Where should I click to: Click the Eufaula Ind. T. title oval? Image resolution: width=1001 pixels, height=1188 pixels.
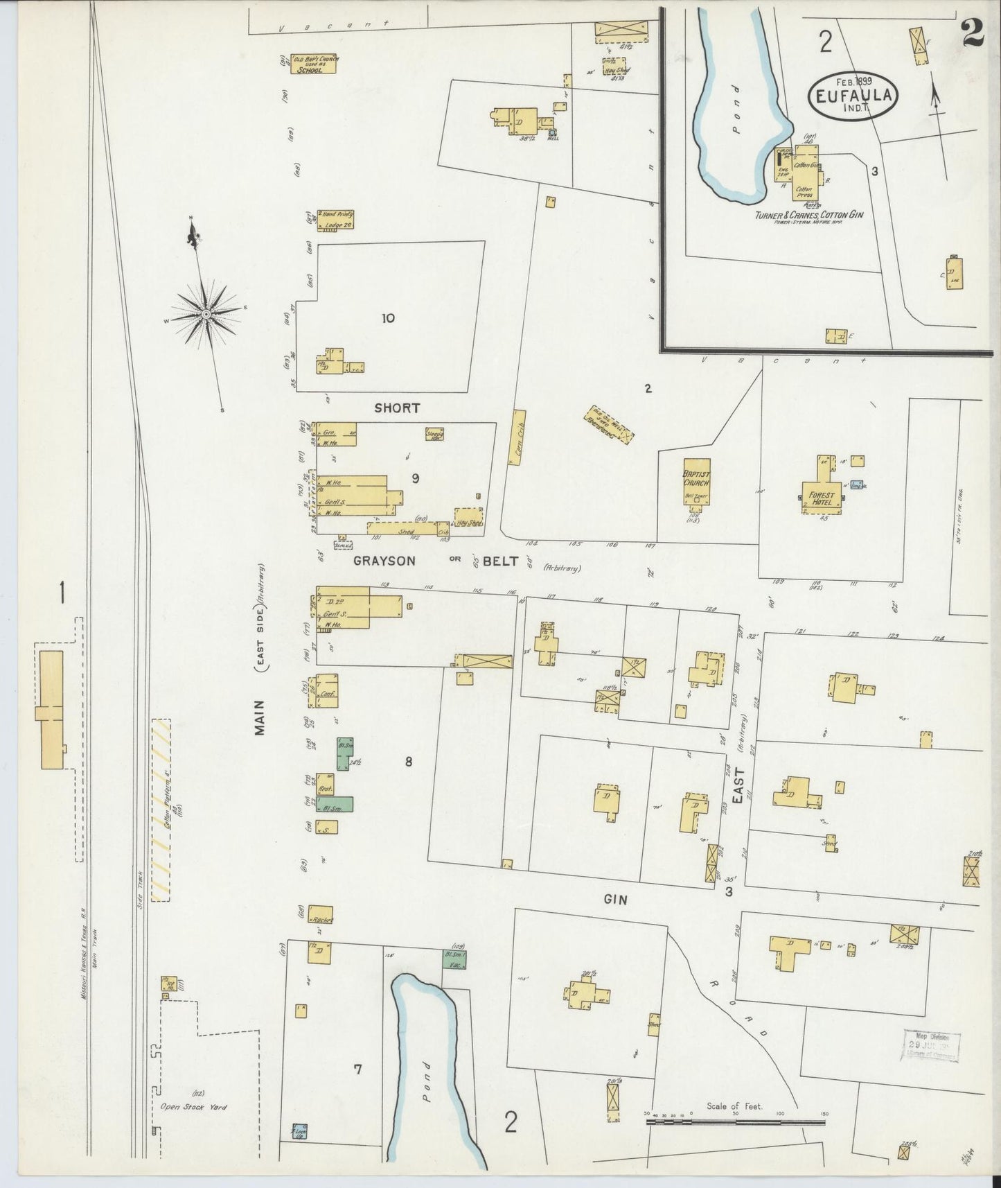pyautogui.click(x=853, y=96)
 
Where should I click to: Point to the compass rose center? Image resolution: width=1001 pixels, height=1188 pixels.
pyautogui.click(x=206, y=315)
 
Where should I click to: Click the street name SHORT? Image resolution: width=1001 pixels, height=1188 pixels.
pyautogui.click(x=397, y=408)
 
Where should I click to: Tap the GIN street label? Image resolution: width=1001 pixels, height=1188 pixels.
pyautogui.click(x=615, y=899)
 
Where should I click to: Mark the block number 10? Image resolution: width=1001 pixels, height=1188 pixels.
pyautogui.click(x=388, y=318)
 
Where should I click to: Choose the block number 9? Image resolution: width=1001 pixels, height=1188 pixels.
pyautogui.click(x=416, y=478)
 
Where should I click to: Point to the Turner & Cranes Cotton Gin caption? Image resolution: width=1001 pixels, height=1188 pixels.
pyautogui.click(x=809, y=216)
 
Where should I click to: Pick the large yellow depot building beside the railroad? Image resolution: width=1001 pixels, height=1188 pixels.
pyautogui.click(x=51, y=709)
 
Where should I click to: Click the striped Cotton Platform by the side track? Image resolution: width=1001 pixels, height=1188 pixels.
pyautogui.click(x=161, y=809)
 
